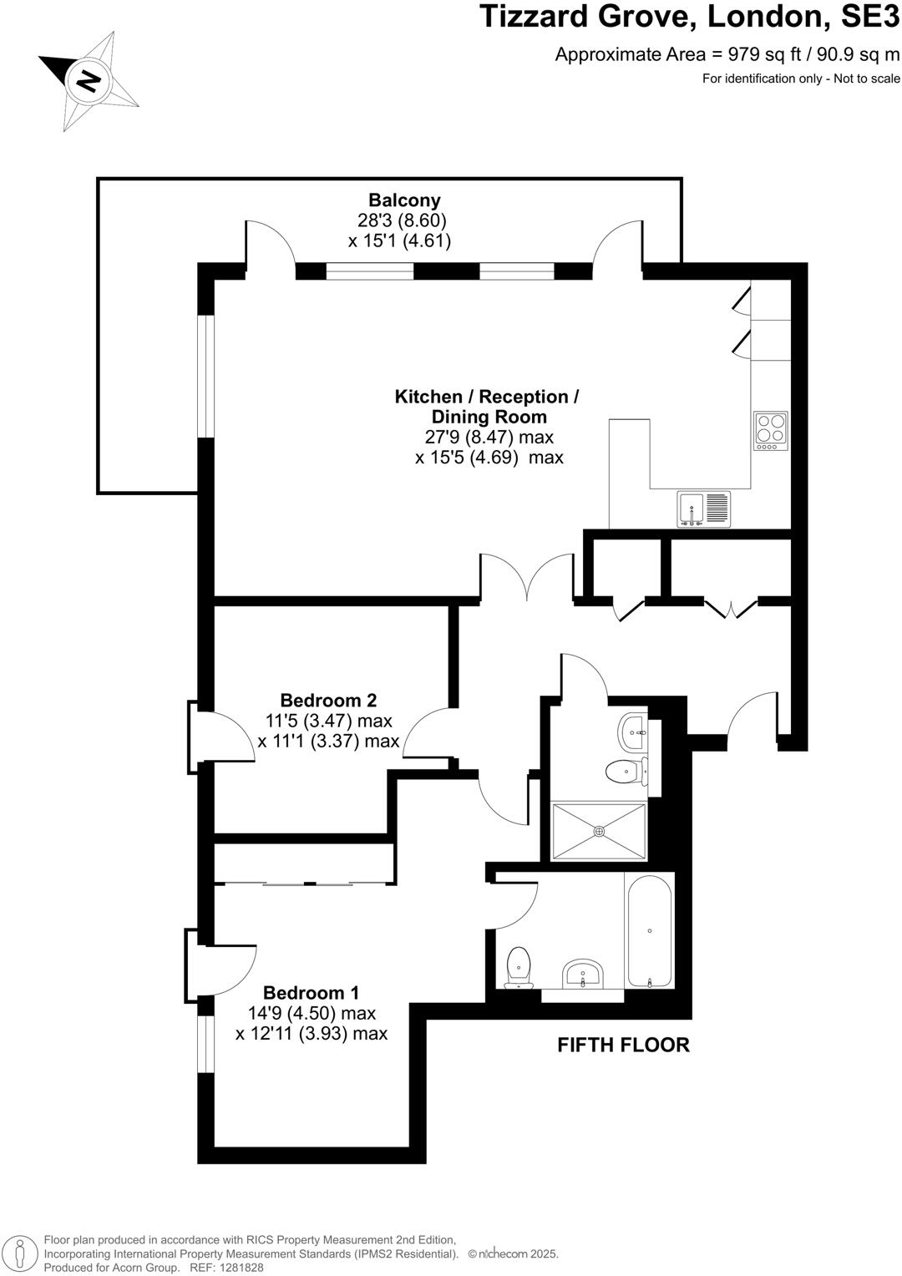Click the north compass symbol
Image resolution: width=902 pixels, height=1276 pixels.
[x=88, y=81]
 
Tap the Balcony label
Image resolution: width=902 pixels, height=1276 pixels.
[x=404, y=200]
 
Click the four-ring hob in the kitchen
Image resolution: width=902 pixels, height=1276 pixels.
[x=770, y=431]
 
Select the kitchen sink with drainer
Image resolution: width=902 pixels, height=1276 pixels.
[x=703, y=509]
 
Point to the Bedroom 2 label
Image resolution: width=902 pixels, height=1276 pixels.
[x=328, y=701]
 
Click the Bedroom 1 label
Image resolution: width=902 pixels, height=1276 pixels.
[x=311, y=993]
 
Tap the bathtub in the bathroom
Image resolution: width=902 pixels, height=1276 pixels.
[x=650, y=930]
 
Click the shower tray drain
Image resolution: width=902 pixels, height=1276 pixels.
[x=599, y=831]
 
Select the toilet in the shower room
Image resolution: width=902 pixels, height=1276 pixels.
[x=625, y=772]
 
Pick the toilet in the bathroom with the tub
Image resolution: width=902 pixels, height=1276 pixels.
[x=519, y=967]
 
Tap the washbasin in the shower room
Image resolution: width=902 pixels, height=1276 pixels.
[x=634, y=732]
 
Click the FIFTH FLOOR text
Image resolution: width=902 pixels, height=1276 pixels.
[x=623, y=1045]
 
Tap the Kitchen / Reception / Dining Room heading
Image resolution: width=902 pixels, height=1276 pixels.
[x=487, y=407]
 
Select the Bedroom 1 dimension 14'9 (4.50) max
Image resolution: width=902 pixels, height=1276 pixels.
[x=312, y=1014]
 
